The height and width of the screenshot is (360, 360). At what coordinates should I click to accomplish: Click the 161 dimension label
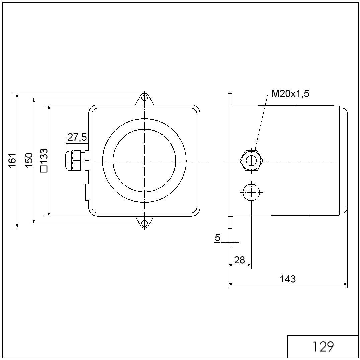click(x=12, y=161)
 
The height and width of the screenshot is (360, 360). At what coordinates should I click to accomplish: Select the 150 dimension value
click(x=29, y=160)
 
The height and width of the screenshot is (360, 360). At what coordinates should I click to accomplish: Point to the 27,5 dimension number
click(x=77, y=137)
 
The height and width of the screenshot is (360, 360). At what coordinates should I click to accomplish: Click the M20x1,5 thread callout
click(x=290, y=94)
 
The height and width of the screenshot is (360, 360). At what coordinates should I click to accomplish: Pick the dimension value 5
click(x=218, y=238)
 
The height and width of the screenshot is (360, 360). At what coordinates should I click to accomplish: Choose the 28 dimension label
click(x=239, y=260)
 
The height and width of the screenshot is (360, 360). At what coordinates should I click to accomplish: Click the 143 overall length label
click(x=288, y=279)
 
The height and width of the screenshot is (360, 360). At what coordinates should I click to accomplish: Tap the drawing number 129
click(x=323, y=347)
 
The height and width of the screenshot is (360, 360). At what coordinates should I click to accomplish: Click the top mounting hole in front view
click(x=144, y=98)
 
